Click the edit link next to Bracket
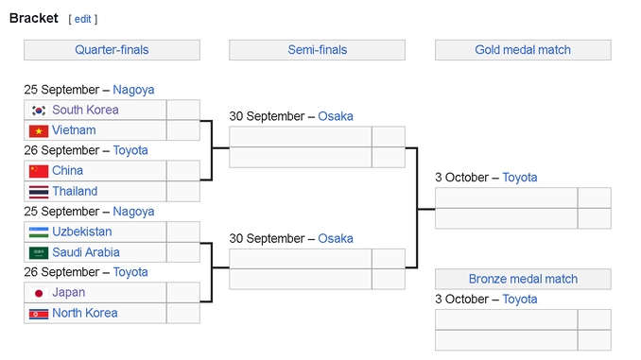(x=82, y=19)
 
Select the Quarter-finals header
(x=112, y=50)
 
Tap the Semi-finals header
(x=318, y=50)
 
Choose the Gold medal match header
(x=523, y=50)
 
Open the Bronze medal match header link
(x=523, y=279)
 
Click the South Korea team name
(x=85, y=110)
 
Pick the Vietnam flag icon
(x=39, y=131)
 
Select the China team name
(x=67, y=170)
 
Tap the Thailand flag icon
(x=39, y=192)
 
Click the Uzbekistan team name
(x=81, y=231)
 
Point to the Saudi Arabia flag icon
(x=39, y=253)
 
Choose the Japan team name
(x=69, y=293)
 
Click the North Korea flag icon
(x=39, y=314)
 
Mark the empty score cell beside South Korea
(x=183, y=110)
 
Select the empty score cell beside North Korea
(x=183, y=313)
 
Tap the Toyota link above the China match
(x=130, y=150)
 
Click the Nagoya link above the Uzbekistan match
(x=133, y=212)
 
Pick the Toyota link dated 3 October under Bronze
(x=520, y=300)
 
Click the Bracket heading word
(x=34, y=18)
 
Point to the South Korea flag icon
(x=39, y=111)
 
